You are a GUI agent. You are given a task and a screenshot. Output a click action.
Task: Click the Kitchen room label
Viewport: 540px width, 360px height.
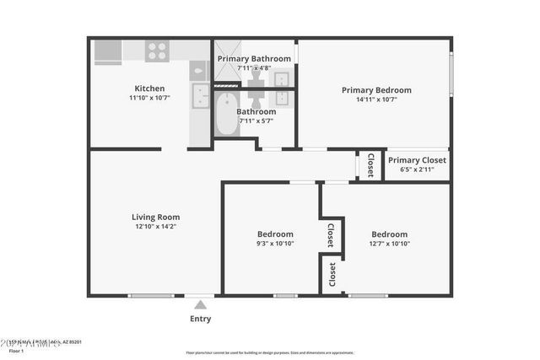coord(149,89)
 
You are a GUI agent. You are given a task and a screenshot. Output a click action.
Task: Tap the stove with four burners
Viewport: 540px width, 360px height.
coord(156,51)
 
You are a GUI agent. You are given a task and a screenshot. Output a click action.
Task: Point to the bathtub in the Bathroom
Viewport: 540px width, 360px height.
coord(226,115)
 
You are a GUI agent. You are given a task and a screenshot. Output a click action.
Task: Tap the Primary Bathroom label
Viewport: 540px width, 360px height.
coord(254,58)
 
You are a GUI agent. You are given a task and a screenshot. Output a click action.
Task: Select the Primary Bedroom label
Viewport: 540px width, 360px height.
coord(375,90)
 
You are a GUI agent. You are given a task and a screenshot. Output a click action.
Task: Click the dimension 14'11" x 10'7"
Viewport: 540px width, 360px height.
coord(375,99)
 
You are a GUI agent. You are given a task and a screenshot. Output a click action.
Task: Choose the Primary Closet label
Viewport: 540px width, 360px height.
coord(417,160)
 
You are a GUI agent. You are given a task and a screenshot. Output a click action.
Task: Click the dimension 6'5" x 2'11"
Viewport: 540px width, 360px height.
coord(417,169)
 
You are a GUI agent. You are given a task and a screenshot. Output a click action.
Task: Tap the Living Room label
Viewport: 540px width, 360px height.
coord(154,217)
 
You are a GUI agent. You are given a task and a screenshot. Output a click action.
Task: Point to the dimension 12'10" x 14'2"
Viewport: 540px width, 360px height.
coord(154,226)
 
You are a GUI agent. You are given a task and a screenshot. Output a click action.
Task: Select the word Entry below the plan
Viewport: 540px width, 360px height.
coord(200,319)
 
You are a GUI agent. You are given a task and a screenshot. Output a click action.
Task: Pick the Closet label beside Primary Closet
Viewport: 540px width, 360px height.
coord(370,165)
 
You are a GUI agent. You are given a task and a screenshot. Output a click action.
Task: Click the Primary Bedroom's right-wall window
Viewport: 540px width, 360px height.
coord(451,75)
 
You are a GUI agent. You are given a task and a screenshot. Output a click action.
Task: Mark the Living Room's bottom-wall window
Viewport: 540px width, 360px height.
coord(150,295)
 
